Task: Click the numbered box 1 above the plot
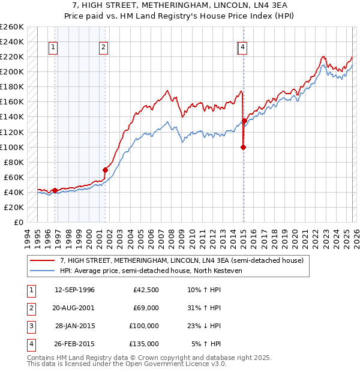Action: pos(53,47)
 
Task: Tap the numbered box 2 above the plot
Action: pos(104,47)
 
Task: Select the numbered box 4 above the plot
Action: pos(242,47)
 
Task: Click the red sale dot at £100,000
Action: pos(243,146)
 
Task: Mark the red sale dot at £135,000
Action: pos(244,121)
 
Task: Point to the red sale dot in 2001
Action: pos(105,170)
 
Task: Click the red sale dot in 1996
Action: pos(55,190)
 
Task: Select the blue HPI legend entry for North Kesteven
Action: pos(150,271)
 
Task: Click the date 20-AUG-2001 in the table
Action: pos(74,307)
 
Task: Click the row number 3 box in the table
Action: pos(30,326)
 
